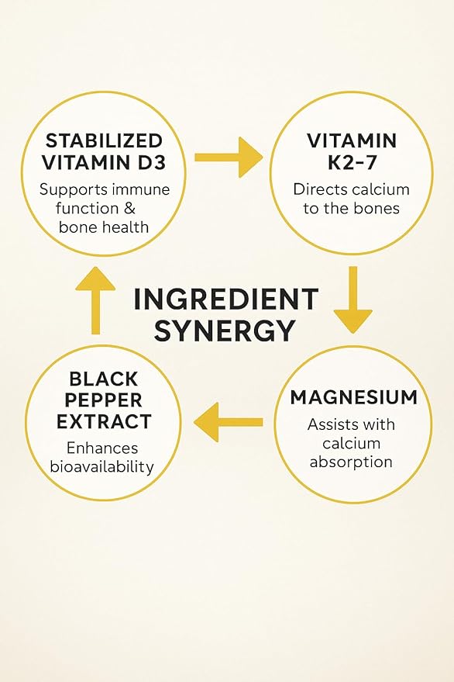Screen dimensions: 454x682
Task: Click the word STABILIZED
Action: (104, 141)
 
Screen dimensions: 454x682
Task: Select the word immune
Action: (141, 189)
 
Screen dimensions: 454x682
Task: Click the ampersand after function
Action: (129, 209)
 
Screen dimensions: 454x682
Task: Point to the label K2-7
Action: (352, 163)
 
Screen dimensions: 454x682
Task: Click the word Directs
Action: (320, 189)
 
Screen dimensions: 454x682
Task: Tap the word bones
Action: (377, 209)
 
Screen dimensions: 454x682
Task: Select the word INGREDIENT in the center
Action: (226, 299)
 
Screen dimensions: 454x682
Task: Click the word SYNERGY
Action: (225, 330)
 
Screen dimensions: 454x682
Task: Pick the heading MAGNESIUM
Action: (353, 397)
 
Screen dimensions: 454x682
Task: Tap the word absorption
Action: (351, 462)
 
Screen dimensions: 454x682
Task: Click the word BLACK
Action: (103, 379)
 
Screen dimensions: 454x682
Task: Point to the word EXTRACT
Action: (104, 422)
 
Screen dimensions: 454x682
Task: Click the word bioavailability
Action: (102, 467)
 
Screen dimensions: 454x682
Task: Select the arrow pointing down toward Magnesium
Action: (353, 300)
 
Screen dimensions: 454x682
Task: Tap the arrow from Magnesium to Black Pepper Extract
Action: (228, 422)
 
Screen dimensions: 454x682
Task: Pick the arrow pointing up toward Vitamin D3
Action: (95, 300)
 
